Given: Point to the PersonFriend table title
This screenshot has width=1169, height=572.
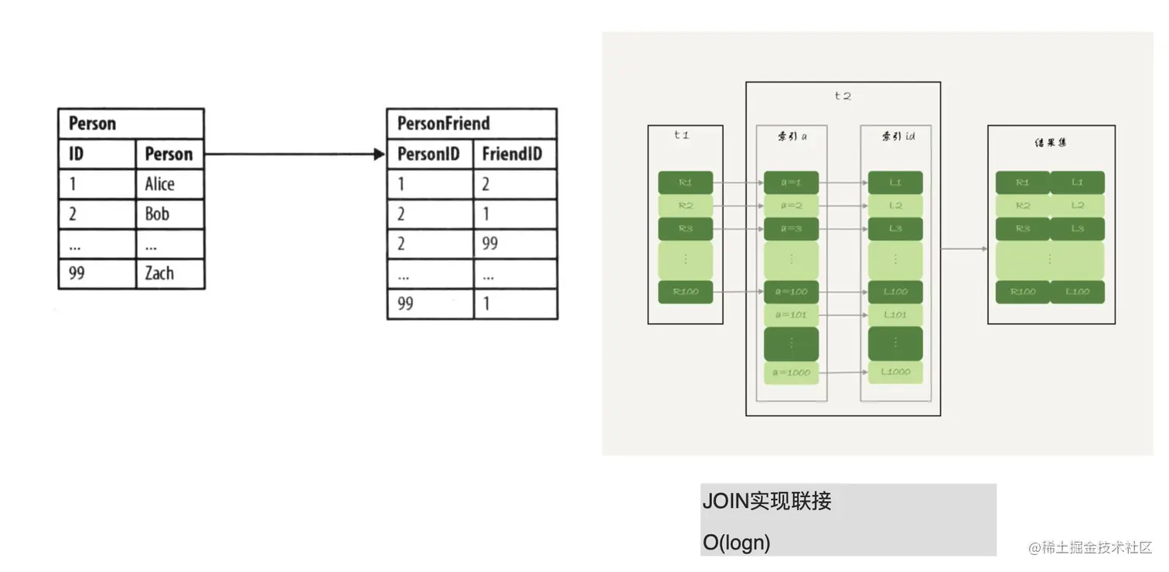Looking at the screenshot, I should pyautogui.click(x=443, y=124).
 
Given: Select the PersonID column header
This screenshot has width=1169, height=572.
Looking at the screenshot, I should pyautogui.click(x=428, y=154).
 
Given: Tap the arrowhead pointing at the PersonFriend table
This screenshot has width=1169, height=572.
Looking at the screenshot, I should pyautogui.click(x=379, y=154).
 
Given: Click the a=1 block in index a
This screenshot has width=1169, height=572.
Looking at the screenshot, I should pyautogui.click(x=791, y=183).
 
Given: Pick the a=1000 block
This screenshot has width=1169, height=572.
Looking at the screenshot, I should pyautogui.click(x=791, y=373).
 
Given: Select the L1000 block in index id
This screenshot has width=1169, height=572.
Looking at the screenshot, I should pyautogui.click(x=895, y=372).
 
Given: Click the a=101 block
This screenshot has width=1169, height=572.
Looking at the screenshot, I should pyautogui.click(x=791, y=315).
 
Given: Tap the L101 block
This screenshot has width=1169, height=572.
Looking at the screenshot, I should pyautogui.click(x=895, y=315).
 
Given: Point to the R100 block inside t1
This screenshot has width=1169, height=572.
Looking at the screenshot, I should pyautogui.click(x=684, y=292).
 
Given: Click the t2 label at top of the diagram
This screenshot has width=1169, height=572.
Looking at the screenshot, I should pyautogui.click(x=842, y=96).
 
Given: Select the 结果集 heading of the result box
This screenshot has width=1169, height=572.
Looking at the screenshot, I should pyautogui.click(x=1050, y=143).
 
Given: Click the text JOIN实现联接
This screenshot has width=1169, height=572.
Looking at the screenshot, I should pyautogui.click(x=766, y=501).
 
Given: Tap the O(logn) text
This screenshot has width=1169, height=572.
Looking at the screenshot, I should pyautogui.click(x=736, y=543).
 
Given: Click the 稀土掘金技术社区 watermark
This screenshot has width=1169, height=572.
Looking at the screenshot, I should pyautogui.click(x=1090, y=547).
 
